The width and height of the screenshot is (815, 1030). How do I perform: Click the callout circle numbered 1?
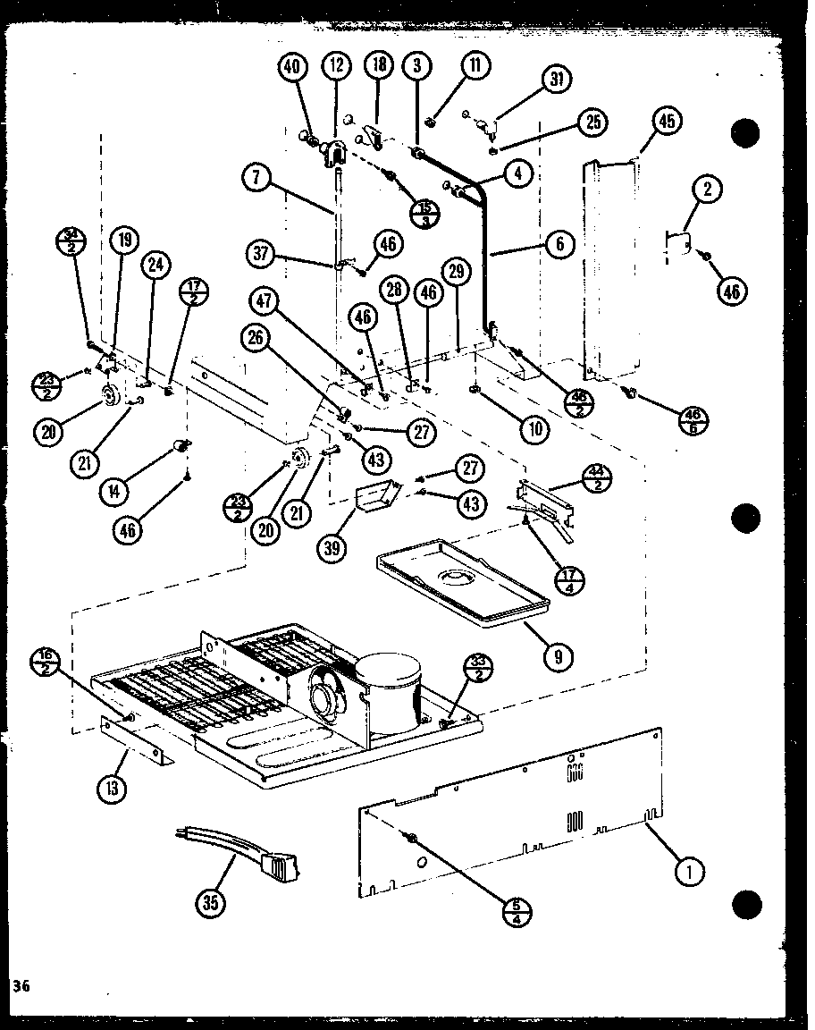tap(690, 868)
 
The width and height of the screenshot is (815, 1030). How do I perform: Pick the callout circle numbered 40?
tap(293, 68)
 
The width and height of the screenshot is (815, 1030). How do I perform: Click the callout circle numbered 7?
tap(256, 178)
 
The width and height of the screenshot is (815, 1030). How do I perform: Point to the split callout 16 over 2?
tap(51, 663)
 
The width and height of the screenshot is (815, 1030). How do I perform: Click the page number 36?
tap(21, 985)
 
